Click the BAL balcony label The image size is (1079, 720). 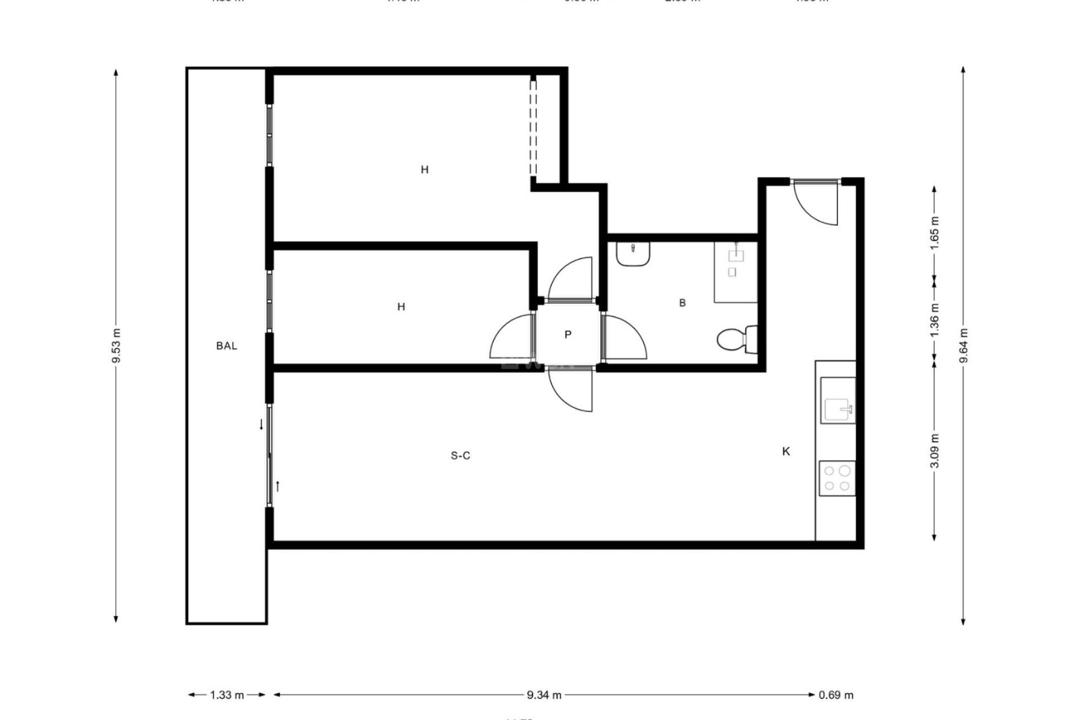(226, 346)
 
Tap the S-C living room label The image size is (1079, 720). (460, 456)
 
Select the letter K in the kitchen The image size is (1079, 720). (786, 451)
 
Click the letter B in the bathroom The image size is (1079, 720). (682, 303)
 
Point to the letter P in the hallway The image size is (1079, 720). (568, 335)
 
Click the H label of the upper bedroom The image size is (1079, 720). (424, 169)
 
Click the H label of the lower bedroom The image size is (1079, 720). (401, 307)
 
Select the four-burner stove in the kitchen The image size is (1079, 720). (837, 478)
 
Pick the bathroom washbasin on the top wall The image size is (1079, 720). (633, 253)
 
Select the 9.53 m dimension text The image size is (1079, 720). (116, 346)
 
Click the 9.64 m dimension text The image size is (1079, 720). (963, 346)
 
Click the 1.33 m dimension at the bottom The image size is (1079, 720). (227, 695)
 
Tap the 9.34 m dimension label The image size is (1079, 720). (544, 695)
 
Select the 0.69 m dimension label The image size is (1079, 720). (836, 695)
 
